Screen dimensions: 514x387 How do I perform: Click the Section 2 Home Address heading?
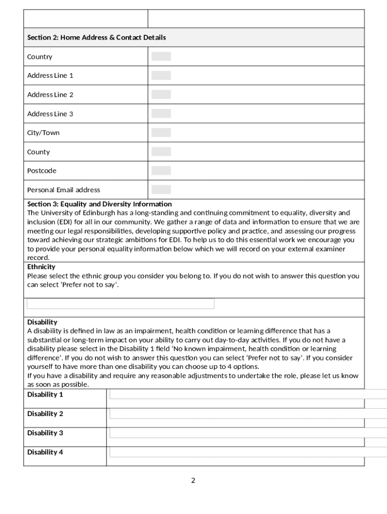96,38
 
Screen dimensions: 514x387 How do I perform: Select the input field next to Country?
161,56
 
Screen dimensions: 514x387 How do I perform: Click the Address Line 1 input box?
161,75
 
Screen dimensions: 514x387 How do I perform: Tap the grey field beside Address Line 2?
161,94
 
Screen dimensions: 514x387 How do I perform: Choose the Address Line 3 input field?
161,113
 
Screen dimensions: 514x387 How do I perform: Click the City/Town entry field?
161,133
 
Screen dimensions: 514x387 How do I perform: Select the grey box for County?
161,152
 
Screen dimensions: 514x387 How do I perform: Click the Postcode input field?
161,171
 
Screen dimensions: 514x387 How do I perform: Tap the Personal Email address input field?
161,189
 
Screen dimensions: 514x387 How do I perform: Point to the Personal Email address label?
63,190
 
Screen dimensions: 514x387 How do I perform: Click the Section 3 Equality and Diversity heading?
100,204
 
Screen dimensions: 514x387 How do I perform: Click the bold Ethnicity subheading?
41,267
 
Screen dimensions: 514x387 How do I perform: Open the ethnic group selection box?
121,304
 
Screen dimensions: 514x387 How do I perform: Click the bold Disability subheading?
42,322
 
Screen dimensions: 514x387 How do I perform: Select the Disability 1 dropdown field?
246,395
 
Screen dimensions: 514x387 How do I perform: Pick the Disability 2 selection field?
246,414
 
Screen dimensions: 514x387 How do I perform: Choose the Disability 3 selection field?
246,433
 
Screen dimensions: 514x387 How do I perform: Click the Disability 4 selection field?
246,452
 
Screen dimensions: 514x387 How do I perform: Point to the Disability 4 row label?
45,452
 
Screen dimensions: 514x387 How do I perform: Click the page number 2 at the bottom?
193,480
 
